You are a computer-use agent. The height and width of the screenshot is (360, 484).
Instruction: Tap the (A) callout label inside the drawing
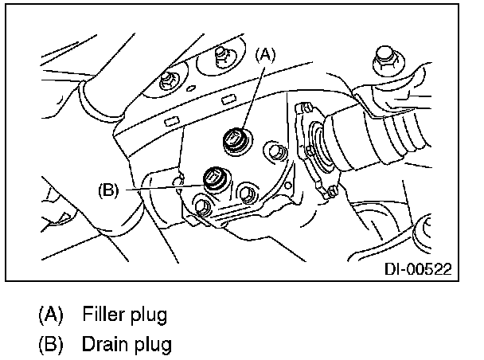pos(266,57)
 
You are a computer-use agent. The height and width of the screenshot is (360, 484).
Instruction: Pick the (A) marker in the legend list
pos(52,315)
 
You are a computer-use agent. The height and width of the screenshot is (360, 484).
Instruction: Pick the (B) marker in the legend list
pos(52,346)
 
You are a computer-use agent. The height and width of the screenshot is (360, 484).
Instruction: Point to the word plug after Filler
pos(149,315)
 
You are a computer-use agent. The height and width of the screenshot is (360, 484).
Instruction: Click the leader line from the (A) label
pos(254,96)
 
